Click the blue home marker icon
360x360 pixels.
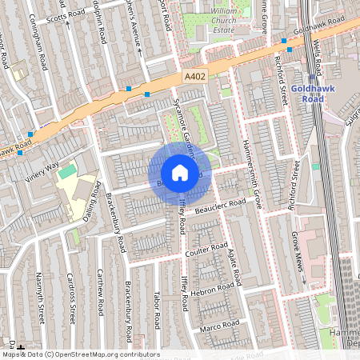[x=180, y=173]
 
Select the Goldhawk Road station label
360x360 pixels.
[x=306, y=94]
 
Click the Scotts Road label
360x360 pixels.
[x=66, y=16]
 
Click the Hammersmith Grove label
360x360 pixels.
[x=252, y=169]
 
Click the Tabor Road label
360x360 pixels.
[x=156, y=310]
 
